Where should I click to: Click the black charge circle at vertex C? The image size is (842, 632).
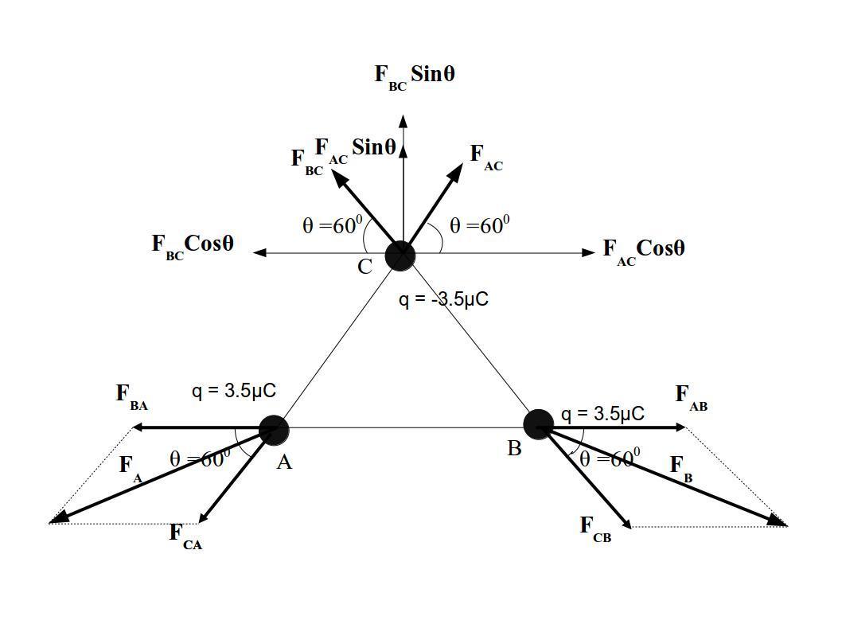[400, 256]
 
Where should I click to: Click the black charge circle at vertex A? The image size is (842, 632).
[274, 430]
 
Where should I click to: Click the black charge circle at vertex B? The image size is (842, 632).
[539, 424]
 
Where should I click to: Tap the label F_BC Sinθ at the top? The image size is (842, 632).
[415, 76]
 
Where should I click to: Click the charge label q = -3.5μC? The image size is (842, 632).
[443, 299]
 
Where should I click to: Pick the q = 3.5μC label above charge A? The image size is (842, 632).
[233, 391]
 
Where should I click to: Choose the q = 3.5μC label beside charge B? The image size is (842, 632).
[602, 414]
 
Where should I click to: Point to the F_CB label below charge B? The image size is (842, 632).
[595, 528]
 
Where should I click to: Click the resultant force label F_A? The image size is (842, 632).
[131, 467]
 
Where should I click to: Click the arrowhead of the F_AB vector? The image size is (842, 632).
[680, 427]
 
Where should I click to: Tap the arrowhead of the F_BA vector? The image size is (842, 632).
[138, 427]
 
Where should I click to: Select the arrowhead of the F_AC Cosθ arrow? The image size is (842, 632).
[589, 253]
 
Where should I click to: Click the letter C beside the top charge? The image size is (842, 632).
[364, 267]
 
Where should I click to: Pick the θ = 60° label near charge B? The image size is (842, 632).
[610, 458]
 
